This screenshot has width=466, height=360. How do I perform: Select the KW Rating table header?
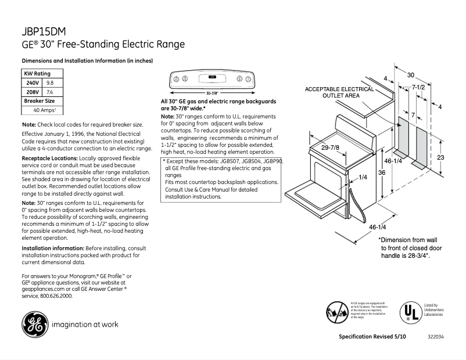(37, 74)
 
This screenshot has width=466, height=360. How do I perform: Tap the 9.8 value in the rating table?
(50, 83)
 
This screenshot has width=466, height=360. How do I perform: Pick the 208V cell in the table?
(31, 92)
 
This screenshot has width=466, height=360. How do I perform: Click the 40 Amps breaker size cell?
(44, 110)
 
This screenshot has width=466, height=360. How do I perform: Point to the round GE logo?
(34, 325)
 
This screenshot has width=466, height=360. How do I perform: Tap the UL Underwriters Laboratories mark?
(410, 312)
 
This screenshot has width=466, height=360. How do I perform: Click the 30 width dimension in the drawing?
(411, 75)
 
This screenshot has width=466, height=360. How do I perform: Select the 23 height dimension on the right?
(441, 157)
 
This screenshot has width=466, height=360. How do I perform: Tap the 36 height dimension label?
(381, 172)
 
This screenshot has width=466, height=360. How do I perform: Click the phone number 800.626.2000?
(56, 296)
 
